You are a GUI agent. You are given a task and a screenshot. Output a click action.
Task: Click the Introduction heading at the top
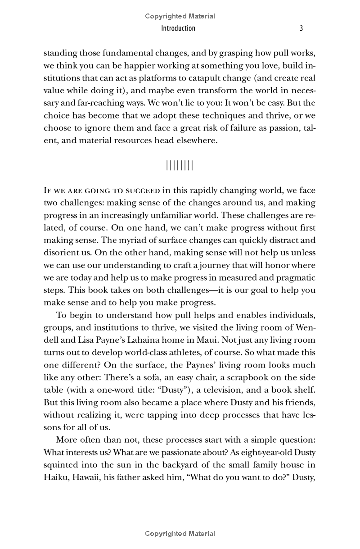coord(178,28)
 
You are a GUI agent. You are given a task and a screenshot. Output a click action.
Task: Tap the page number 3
coord(301,28)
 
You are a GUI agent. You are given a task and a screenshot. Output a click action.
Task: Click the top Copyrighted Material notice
coord(180,16)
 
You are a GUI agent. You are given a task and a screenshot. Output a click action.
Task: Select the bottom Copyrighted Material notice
coord(180,534)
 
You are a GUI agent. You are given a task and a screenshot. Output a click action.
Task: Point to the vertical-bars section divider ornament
coord(180,165)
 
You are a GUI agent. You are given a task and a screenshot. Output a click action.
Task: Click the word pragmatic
coord(292,277)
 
